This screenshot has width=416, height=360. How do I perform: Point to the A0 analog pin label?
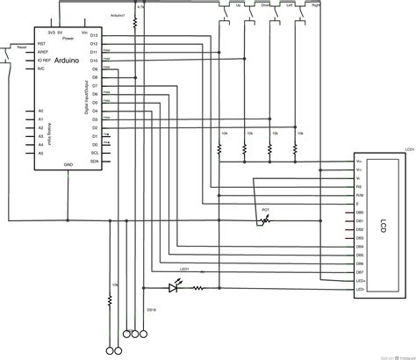tap(39, 111)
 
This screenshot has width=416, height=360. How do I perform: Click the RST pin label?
tap(40, 41)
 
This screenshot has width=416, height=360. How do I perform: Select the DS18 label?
tap(151, 309)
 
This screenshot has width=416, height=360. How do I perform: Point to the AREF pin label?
tap(41, 51)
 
